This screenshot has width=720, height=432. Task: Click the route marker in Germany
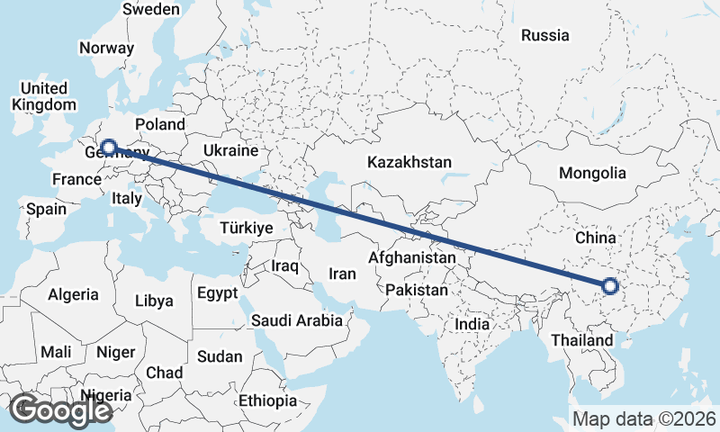pyautogui.click(x=108, y=147)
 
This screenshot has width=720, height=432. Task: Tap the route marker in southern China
pyautogui.click(x=610, y=287)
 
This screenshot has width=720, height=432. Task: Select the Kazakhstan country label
pyautogui.click(x=409, y=162)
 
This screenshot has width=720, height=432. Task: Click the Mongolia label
pyautogui.click(x=591, y=173)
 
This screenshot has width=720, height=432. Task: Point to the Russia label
pyautogui.click(x=545, y=36)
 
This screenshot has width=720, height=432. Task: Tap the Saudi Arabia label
pyautogui.click(x=297, y=319)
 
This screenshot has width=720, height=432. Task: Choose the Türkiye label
pyautogui.click(x=246, y=229)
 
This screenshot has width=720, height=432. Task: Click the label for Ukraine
pyautogui.click(x=231, y=150)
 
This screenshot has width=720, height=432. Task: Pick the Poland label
pyautogui.click(x=159, y=124)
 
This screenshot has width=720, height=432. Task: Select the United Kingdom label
pyautogui.click(x=44, y=96)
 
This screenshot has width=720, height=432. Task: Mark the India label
pyautogui.click(x=472, y=324)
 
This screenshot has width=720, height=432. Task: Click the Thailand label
pyautogui.click(x=582, y=340)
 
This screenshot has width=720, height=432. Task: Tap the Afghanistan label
pyautogui.click(x=412, y=257)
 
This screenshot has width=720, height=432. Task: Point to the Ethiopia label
pyautogui.click(x=268, y=400)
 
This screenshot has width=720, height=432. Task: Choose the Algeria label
pyautogui.click(x=73, y=294)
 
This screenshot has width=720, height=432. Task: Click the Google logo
pyautogui.click(x=60, y=410)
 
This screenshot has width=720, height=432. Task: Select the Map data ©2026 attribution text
pyautogui.click(x=644, y=418)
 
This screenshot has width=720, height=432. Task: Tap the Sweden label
pyautogui.click(x=151, y=9)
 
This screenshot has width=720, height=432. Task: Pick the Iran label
pyautogui.click(x=342, y=274)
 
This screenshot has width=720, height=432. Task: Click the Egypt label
pyautogui.click(x=217, y=293)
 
